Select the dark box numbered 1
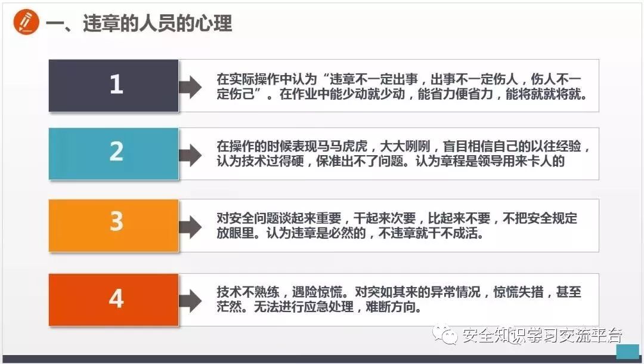[114, 85]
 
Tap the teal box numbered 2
[114, 153]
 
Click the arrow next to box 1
[191, 87]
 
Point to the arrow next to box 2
[191, 155]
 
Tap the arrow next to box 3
[191, 227]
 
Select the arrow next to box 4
[191, 300]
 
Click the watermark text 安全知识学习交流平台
[541, 336]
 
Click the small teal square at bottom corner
[627, 351]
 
